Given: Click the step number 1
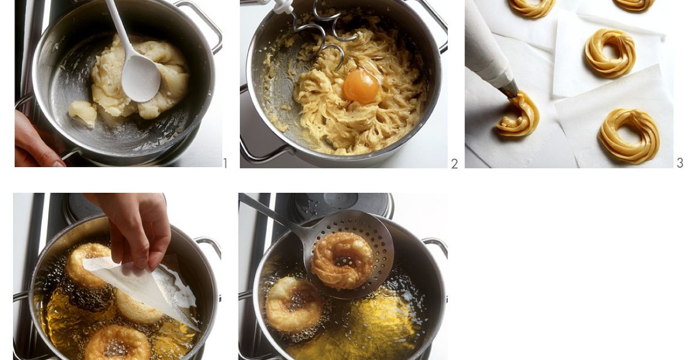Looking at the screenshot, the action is tap(226, 164).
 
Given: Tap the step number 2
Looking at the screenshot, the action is tap(454, 164).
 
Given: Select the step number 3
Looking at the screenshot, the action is tap(680, 162).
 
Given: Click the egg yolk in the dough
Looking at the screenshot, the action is tap(361, 86).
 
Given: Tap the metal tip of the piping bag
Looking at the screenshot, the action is tap(509, 89).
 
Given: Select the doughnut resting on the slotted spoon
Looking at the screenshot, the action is tap(342, 261).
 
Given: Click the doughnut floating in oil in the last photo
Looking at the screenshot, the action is tap(294, 305).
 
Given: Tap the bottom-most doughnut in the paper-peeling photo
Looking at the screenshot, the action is tap(117, 343).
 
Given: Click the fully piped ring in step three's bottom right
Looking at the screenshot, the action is tap(629, 136).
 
